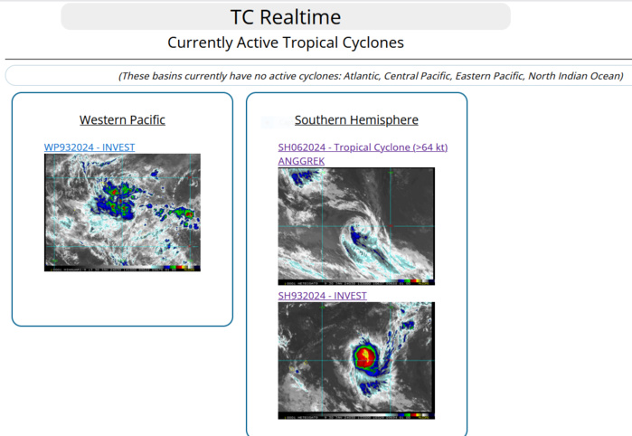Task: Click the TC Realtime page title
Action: [x=285, y=16]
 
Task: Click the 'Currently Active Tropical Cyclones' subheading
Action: [x=285, y=43]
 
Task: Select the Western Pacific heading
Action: [x=122, y=119]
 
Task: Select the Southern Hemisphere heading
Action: [x=356, y=119]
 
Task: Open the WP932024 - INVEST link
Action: [x=90, y=147]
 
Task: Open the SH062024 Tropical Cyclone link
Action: [x=363, y=147]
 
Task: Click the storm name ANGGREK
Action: [x=301, y=161]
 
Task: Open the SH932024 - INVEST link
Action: [x=322, y=296]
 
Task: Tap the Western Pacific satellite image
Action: [x=122, y=212]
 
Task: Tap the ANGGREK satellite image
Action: [x=356, y=226]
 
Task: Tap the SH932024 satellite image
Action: [x=356, y=360]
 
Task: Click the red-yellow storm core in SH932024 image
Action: [x=365, y=355]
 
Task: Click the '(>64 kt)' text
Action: [x=429, y=147]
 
